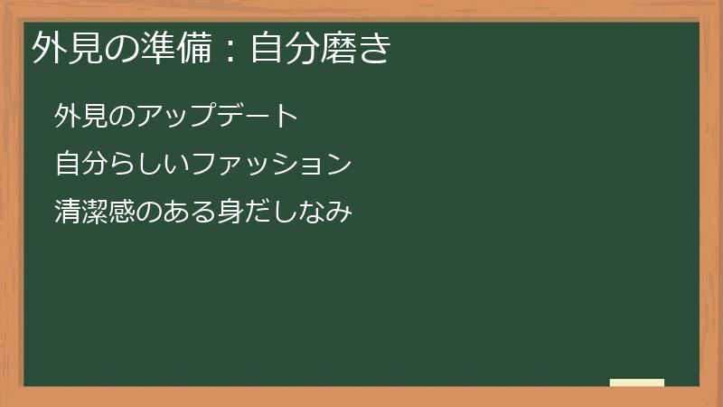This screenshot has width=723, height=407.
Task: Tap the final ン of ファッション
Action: [338, 165]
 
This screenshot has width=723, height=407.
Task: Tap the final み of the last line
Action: [338, 213]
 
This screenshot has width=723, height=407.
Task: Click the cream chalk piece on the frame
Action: [637, 383]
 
